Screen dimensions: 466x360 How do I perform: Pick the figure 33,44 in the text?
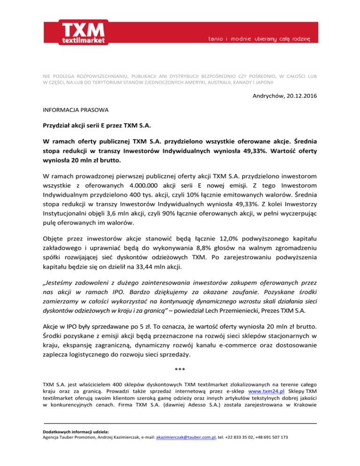[x=148, y=269]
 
